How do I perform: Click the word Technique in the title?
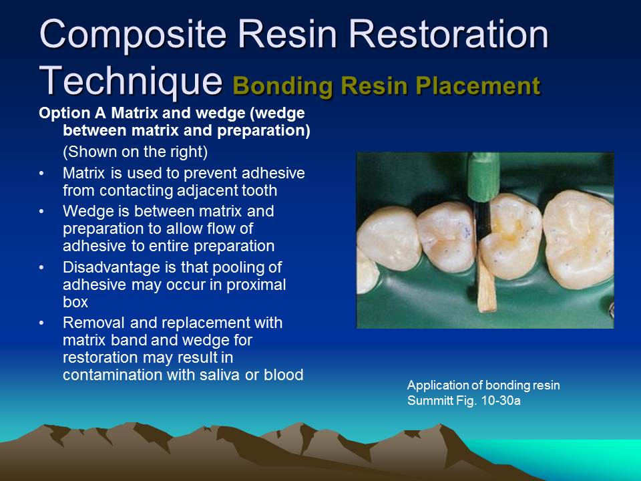131,80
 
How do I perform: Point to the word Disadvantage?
105,267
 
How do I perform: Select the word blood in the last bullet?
284,374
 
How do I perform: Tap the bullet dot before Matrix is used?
43,174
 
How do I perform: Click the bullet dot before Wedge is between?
43,211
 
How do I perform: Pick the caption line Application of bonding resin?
483,385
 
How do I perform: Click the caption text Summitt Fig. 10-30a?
464,401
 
